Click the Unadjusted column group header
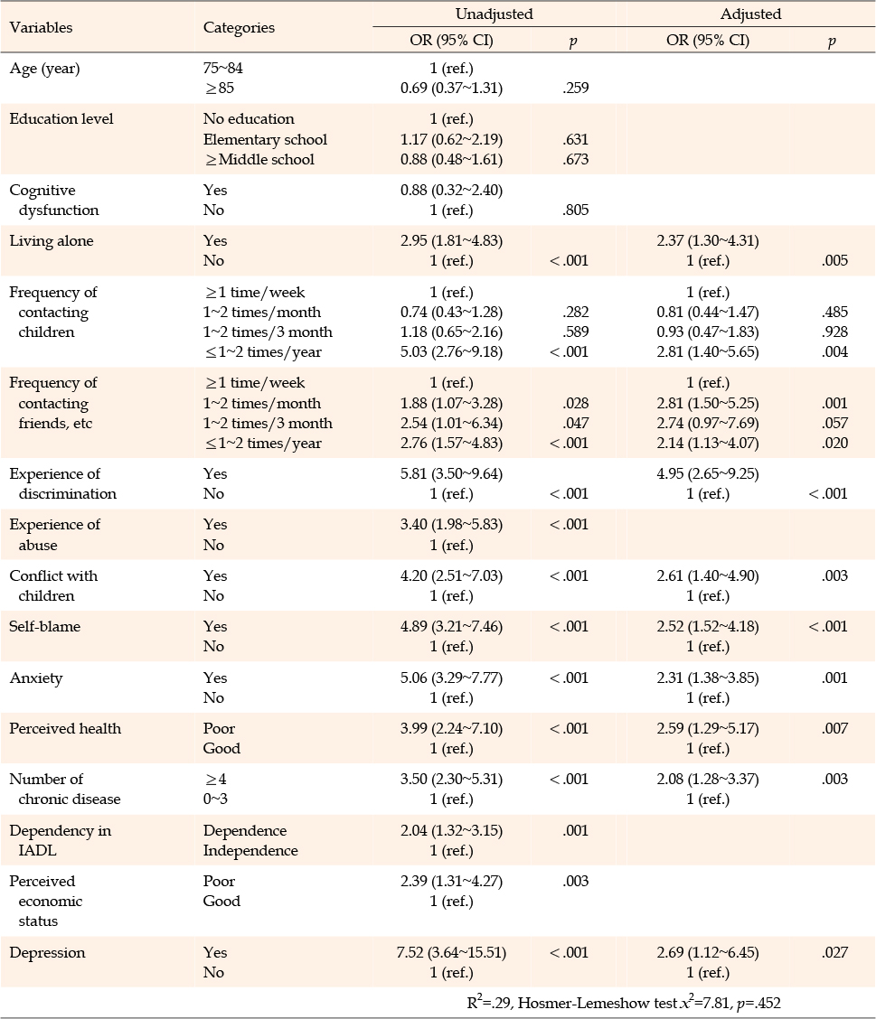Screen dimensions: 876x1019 point(494,14)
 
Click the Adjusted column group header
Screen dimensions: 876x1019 point(750,14)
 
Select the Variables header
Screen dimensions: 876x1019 point(41,27)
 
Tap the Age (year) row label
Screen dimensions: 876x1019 point(45,69)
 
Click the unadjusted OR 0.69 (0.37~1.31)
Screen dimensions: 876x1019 point(451,88)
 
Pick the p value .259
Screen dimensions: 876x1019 point(576,89)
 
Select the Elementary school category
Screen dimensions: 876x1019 point(266,140)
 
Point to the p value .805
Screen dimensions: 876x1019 point(576,210)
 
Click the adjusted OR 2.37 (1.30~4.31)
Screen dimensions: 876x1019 point(708,241)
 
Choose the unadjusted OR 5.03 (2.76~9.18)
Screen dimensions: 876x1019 point(451,352)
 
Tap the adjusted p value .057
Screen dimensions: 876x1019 point(834,423)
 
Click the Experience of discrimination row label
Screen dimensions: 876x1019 point(63,483)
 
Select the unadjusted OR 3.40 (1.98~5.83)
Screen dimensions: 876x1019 point(451,525)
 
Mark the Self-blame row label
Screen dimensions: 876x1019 point(45,626)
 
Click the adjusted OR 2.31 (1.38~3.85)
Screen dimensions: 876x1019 point(708,678)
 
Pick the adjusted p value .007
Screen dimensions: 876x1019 point(834,728)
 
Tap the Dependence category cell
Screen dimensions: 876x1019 point(245,830)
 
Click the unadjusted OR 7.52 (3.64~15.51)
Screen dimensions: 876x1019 point(451,953)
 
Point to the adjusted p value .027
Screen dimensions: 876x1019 point(834,953)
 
